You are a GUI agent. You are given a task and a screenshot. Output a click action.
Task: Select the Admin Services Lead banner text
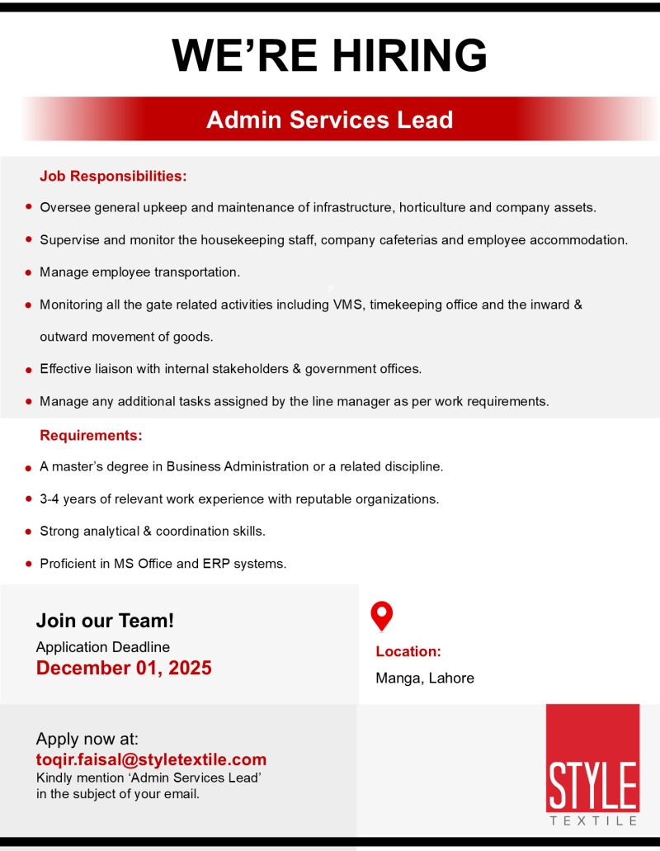click(329, 120)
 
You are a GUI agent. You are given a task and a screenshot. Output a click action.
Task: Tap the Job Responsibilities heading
click(113, 176)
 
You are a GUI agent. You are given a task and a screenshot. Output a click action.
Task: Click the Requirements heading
click(91, 435)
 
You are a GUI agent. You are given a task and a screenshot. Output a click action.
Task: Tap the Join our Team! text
click(105, 621)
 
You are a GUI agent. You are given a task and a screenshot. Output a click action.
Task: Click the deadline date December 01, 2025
click(124, 668)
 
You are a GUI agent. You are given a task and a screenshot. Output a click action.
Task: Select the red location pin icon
click(381, 615)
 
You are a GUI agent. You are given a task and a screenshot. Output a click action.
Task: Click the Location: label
click(408, 651)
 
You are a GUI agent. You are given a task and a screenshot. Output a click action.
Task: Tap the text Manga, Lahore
click(425, 678)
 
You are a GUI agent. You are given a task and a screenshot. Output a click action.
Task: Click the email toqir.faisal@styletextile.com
click(151, 759)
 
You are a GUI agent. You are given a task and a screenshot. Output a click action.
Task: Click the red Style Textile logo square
click(592, 757)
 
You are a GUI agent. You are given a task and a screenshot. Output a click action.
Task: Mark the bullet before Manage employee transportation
click(29, 272)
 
